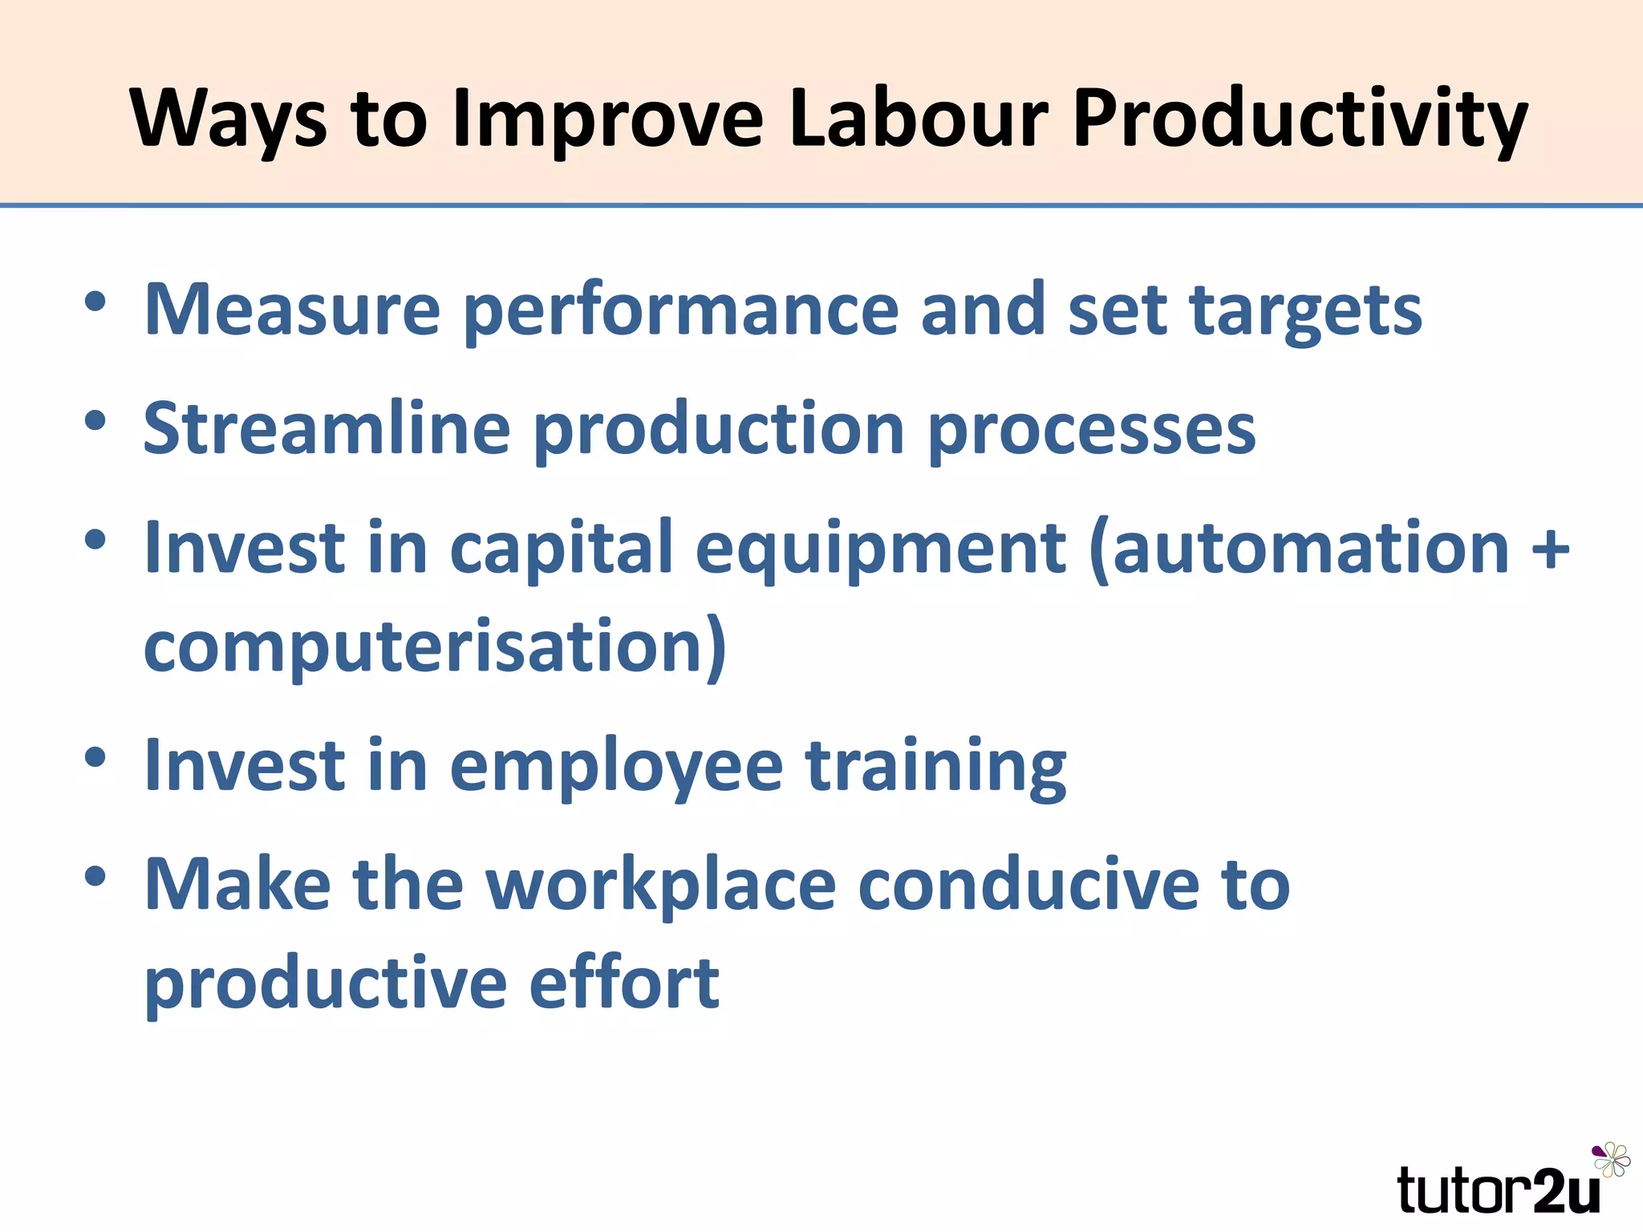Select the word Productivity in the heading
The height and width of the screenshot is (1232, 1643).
click(x=1300, y=120)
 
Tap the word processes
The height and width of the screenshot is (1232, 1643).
click(x=1092, y=432)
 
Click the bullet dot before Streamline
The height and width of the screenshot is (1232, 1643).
click(x=95, y=420)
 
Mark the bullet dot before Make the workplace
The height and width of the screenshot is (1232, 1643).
click(x=95, y=876)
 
